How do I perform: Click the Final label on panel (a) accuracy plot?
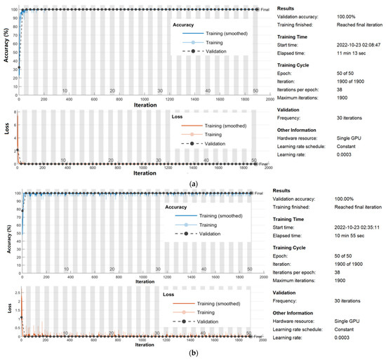click(265, 10)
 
